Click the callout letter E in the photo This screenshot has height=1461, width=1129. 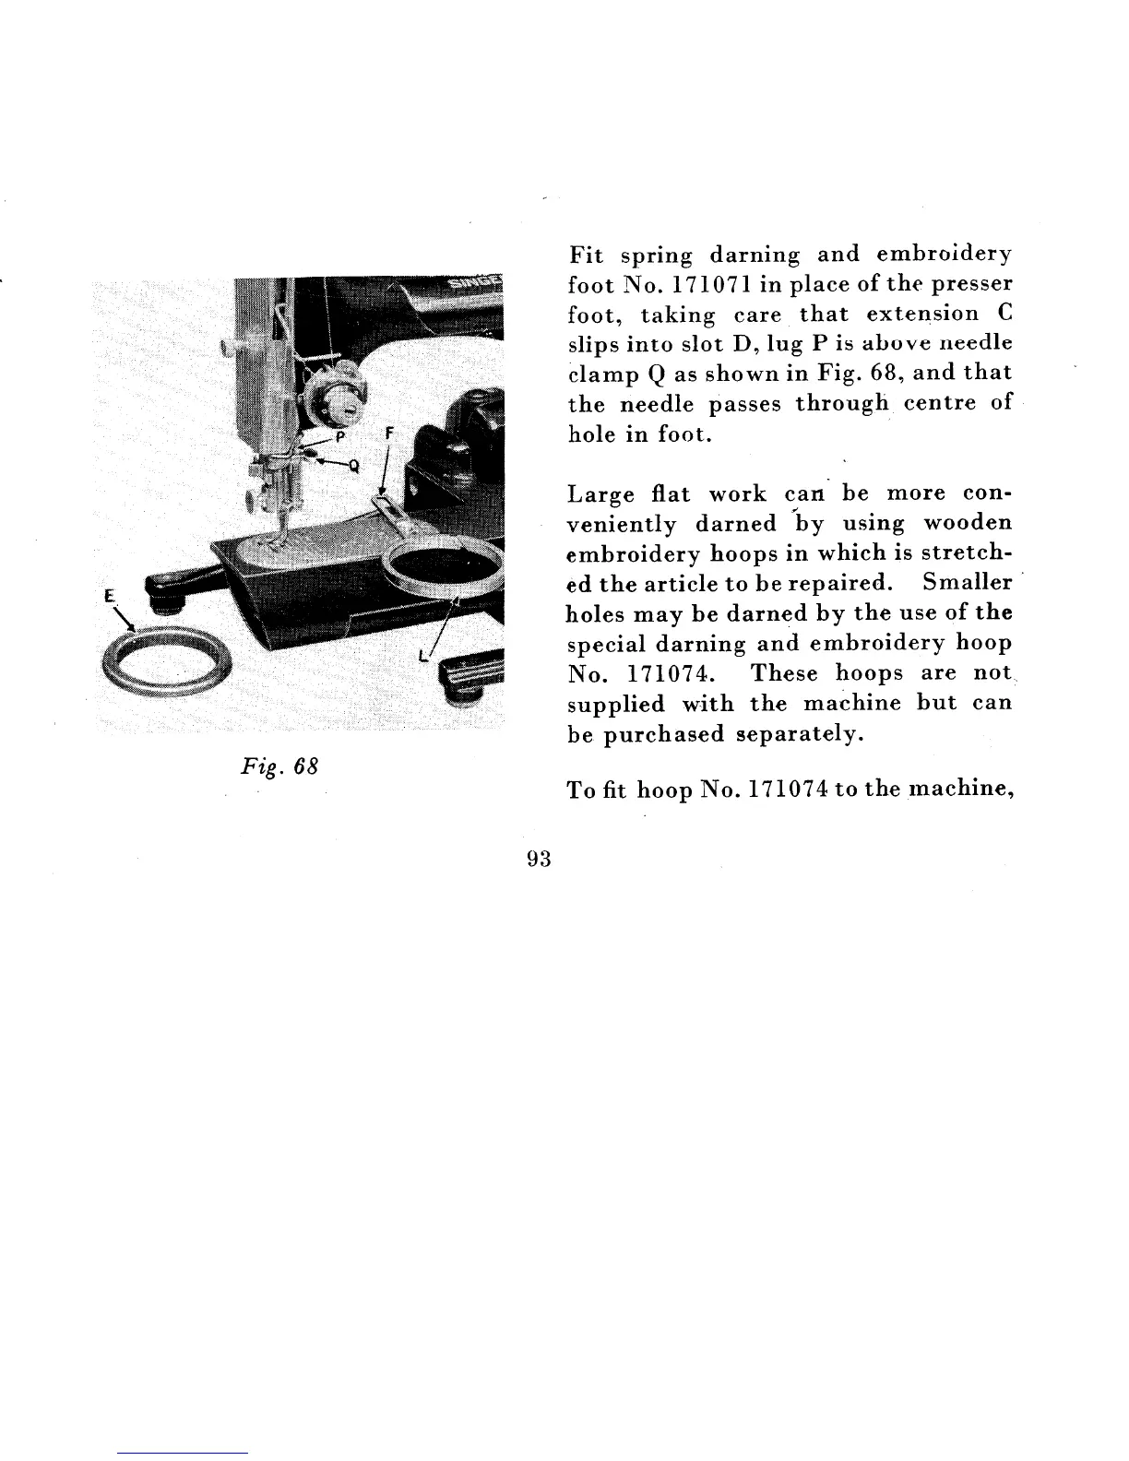click(x=108, y=597)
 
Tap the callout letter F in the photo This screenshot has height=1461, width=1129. click(x=388, y=431)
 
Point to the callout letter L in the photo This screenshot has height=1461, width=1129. click(x=422, y=657)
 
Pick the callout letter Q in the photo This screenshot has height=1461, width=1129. click(x=354, y=465)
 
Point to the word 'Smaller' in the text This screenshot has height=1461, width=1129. click(x=968, y=583)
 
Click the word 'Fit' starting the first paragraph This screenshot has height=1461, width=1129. click(x=584, y=254)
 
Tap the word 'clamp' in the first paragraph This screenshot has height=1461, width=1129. click(x=598, y=374)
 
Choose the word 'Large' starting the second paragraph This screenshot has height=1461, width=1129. click(x=600, y=494)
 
